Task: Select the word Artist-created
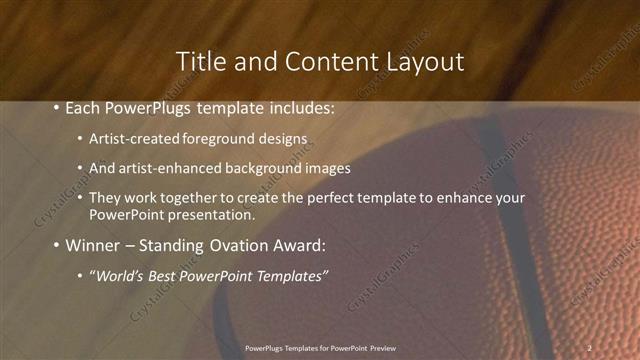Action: tap(132, 139)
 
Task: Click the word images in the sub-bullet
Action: tap(329, 169)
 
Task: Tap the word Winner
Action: tap(94, 245)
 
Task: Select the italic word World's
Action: tap(118, 275)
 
